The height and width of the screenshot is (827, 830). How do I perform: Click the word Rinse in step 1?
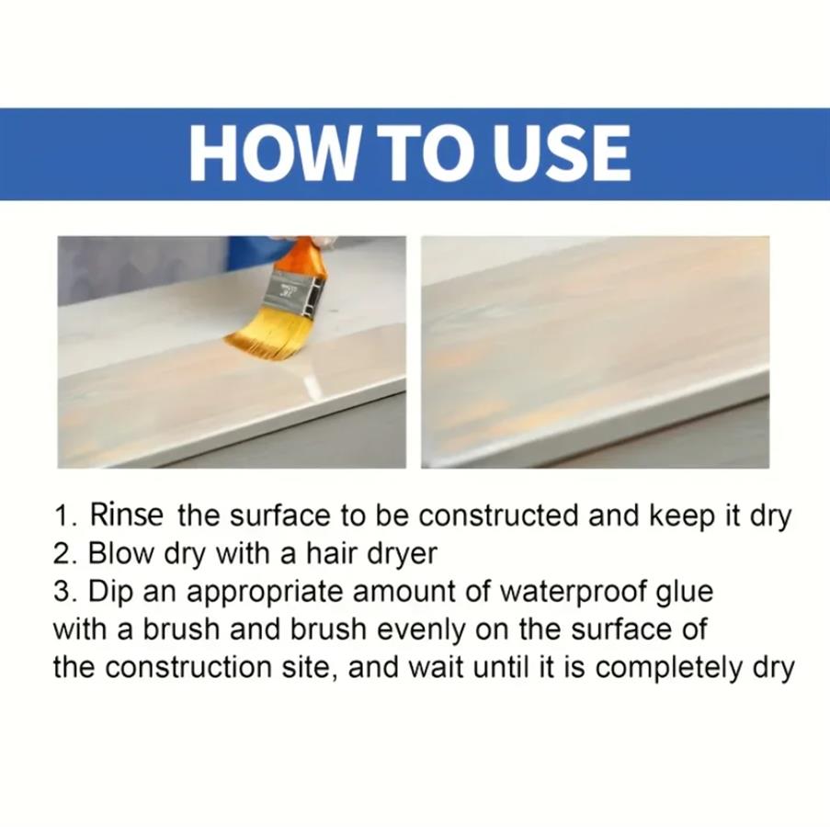pyautogui.click(x=127, y=515)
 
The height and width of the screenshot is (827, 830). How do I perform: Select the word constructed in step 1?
pyautogui.click(x=498, y=515)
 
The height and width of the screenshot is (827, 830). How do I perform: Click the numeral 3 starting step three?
pyautogui.click(x=61, y=592)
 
